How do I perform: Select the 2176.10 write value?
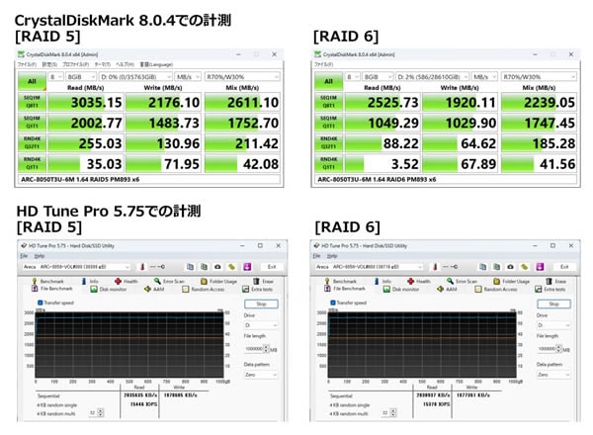point(174,103)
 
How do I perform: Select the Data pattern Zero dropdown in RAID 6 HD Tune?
point(552,375)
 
